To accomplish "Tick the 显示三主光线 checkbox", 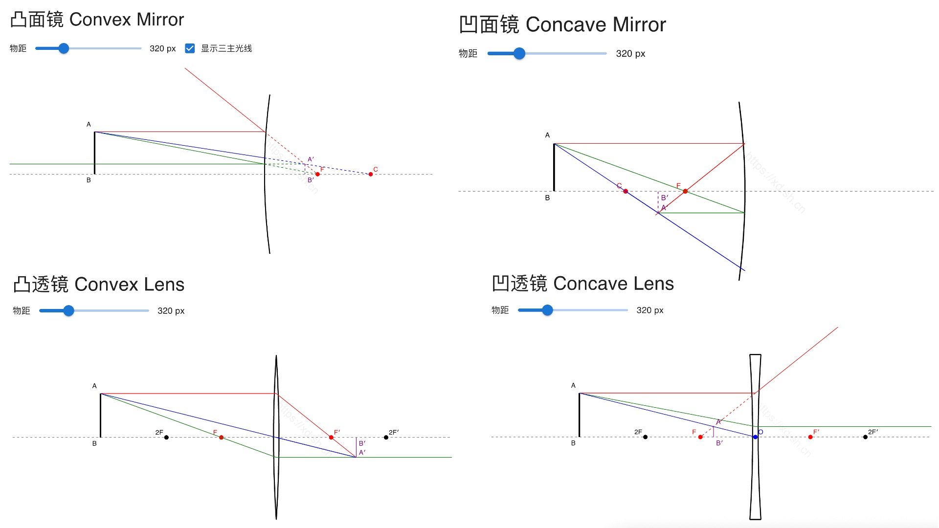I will (190, 48).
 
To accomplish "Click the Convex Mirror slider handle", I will (64, 48).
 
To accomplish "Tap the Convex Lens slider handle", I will (68, 310).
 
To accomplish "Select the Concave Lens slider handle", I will (547, 310).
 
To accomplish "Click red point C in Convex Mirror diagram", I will (371, 174).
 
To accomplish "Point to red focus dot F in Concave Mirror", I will (685, 191).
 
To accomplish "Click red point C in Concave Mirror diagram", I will (626, 191).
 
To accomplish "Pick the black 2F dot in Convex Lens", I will (166, 437).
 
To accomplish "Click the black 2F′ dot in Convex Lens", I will (386, 437).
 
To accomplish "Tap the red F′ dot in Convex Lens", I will (331, 437).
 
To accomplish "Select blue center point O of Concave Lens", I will (755, 437).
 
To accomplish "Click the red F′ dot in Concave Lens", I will (810, 437).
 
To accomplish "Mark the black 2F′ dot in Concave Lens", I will (865, 437).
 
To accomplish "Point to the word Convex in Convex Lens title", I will (105, 285).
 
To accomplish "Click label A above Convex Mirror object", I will (89, 124).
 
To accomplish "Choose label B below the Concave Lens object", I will (573, 443).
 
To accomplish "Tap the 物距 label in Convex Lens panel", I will (22, 310).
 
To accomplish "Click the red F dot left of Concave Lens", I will (700, 437).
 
